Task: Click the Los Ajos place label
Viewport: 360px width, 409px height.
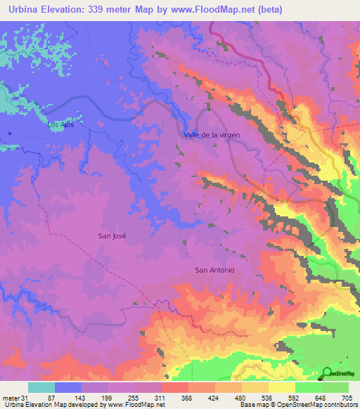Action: tap(60, 124)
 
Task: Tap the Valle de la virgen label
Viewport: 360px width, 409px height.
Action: tap(212, 134)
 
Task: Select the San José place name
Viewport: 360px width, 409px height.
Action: tap(112, 237)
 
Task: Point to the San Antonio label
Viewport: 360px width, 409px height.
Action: tap(214, 270)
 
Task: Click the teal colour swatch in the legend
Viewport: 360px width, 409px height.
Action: tap(41, 387)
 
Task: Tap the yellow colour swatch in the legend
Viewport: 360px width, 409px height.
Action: tap(281, 387)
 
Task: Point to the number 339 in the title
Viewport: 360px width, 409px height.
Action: tap(105, 9)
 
